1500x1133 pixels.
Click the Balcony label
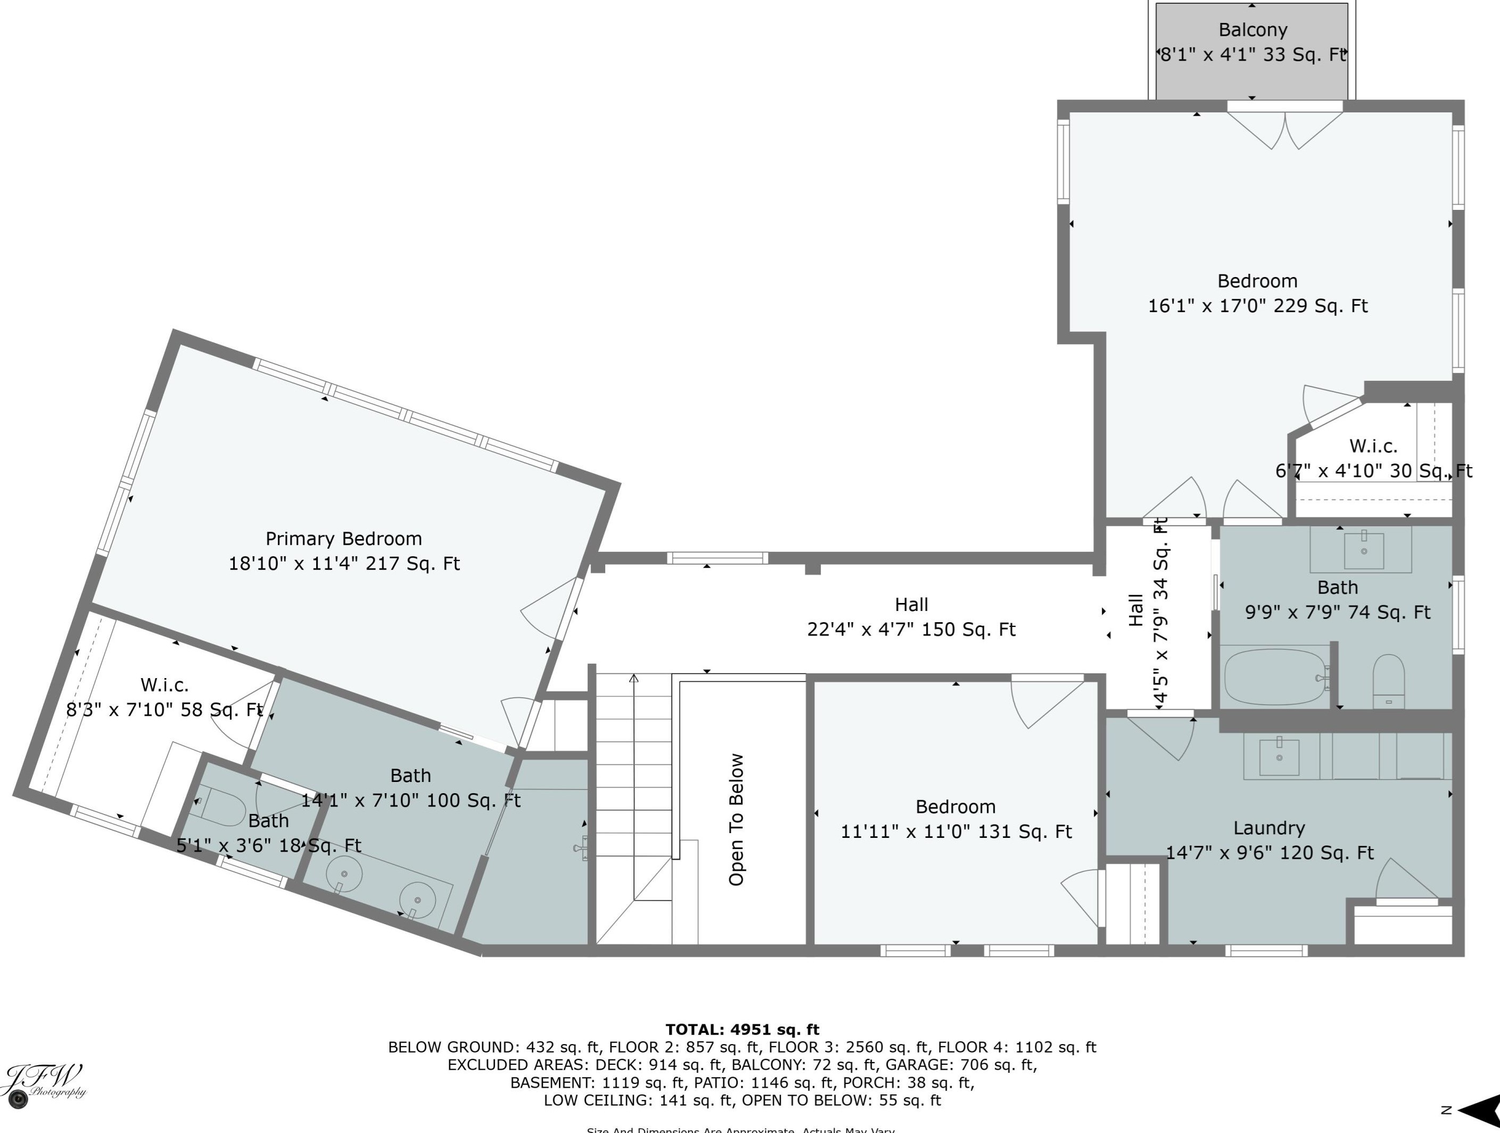point(1252,30)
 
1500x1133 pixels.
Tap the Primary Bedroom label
point(343,539)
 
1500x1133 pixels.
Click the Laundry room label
point(1269,828)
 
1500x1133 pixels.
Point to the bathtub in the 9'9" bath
point(1275,676)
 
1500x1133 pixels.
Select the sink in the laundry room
point(1279,757)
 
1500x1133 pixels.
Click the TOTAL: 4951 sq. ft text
point(742,1029)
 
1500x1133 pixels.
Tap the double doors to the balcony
point(1285,129)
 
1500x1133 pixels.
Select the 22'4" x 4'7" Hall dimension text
point(911,630)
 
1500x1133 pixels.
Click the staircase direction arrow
point(633,679)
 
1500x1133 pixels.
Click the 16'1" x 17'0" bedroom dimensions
point(1257,306)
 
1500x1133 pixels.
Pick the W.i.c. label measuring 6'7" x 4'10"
point(1373,446)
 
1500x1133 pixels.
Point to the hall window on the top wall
point(717,558)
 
